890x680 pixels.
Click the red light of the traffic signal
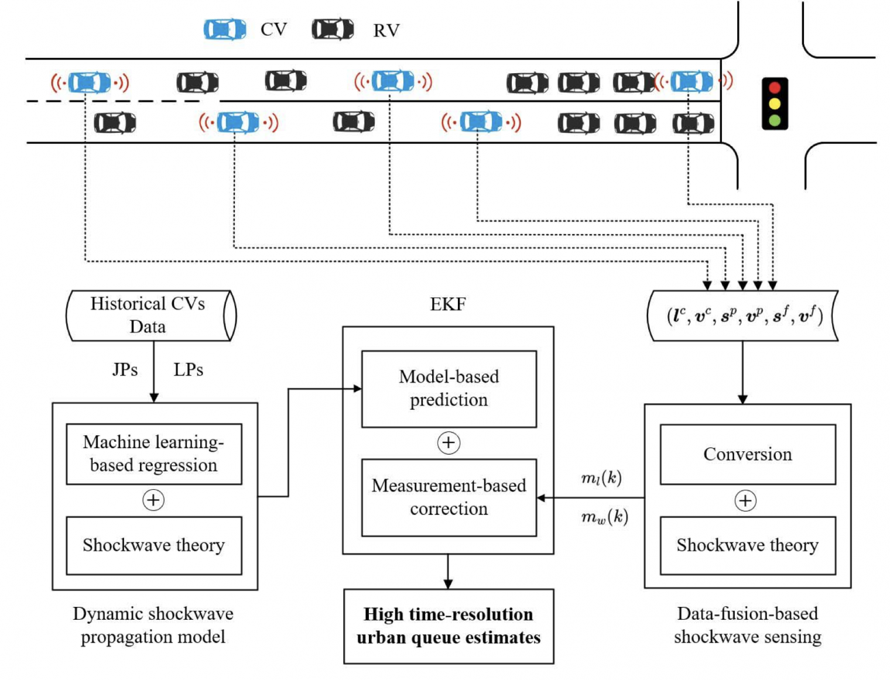775,88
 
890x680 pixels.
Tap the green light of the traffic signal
775,121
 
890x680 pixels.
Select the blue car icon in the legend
224,29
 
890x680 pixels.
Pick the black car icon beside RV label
333,29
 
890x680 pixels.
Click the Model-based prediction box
449,389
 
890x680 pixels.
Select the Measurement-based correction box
449,497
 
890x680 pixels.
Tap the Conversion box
747,454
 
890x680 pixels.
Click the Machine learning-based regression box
153,454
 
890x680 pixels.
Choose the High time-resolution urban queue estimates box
449,626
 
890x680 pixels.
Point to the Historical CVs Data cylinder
150,315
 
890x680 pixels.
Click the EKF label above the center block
448,304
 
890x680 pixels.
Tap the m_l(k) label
601,478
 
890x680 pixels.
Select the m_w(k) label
604,517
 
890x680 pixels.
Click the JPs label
125,370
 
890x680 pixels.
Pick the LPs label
188,370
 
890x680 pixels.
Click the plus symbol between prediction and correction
449,443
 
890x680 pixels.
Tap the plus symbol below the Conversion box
745,501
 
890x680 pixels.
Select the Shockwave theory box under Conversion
747,545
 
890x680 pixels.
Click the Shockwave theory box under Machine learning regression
153,545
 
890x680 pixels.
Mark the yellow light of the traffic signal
775,104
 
